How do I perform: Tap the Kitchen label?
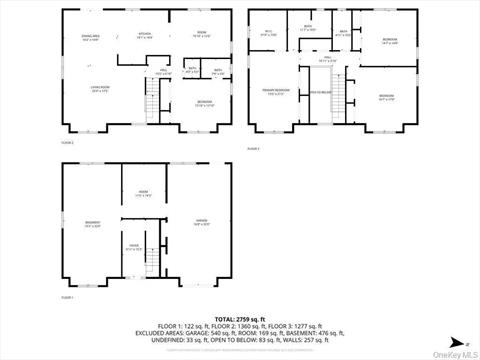coord(143,33)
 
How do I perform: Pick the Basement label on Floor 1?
coord(93,225)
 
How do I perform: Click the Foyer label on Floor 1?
coord(133,247)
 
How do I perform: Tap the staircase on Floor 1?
coord(151,258)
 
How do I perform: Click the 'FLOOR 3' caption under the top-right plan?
coord(254,147)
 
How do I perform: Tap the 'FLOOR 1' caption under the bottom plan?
coord(66,297)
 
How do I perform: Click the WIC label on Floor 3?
coord(267,33)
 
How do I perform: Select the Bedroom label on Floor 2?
coord(203,105)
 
